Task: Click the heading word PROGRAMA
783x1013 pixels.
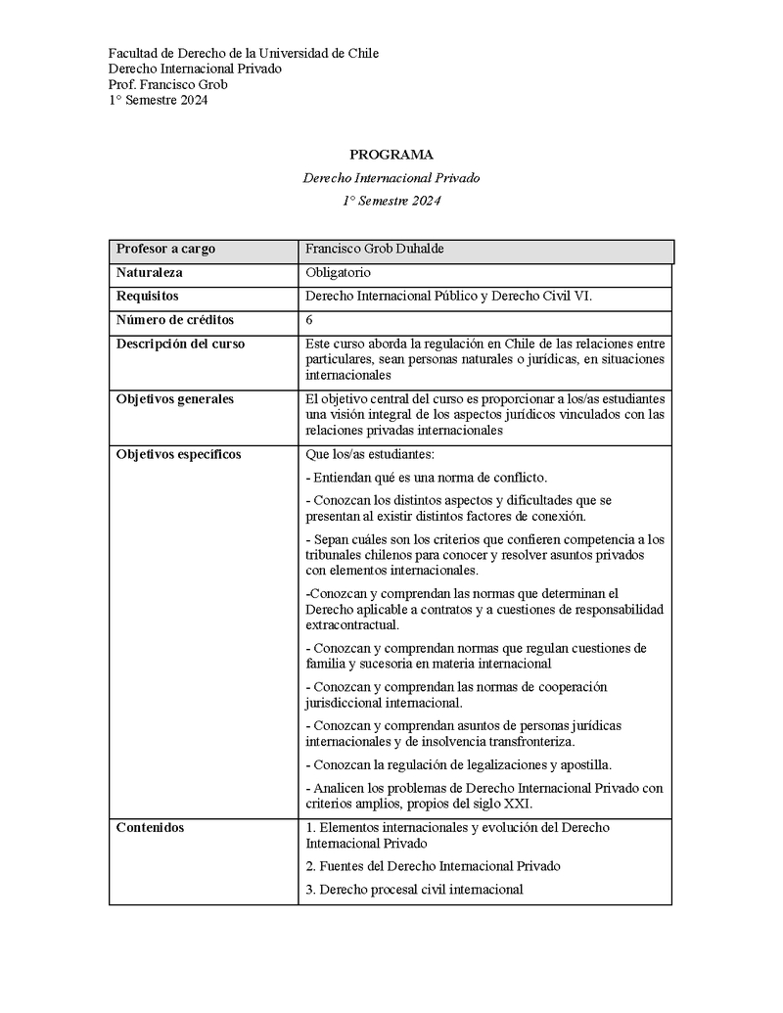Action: point(391,155)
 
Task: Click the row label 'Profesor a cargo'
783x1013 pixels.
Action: point(165,250)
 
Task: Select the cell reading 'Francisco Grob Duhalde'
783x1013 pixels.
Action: point(375,250)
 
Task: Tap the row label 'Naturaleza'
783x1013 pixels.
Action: point(150,273)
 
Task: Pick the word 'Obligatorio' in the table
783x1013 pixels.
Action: point(338,273)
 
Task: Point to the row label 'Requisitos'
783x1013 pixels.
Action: point(147,297)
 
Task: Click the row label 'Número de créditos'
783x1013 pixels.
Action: point(175,320)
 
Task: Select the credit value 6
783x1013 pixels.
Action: point(309,320)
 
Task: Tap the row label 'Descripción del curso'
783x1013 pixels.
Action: point(180,344)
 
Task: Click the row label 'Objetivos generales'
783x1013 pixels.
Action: point(175,399)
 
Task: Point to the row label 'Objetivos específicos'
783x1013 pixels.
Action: point(178,454)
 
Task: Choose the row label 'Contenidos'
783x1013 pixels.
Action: point(150,828)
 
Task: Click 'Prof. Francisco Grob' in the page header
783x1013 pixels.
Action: point(167,84)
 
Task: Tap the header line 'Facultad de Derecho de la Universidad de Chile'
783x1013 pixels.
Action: point(243,53)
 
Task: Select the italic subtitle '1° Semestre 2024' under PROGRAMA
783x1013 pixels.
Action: point(391,201)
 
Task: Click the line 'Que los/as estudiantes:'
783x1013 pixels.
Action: point(369,454)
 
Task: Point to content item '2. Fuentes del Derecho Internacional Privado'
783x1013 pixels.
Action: point(433,866)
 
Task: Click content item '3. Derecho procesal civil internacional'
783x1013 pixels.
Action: point(414,890)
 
